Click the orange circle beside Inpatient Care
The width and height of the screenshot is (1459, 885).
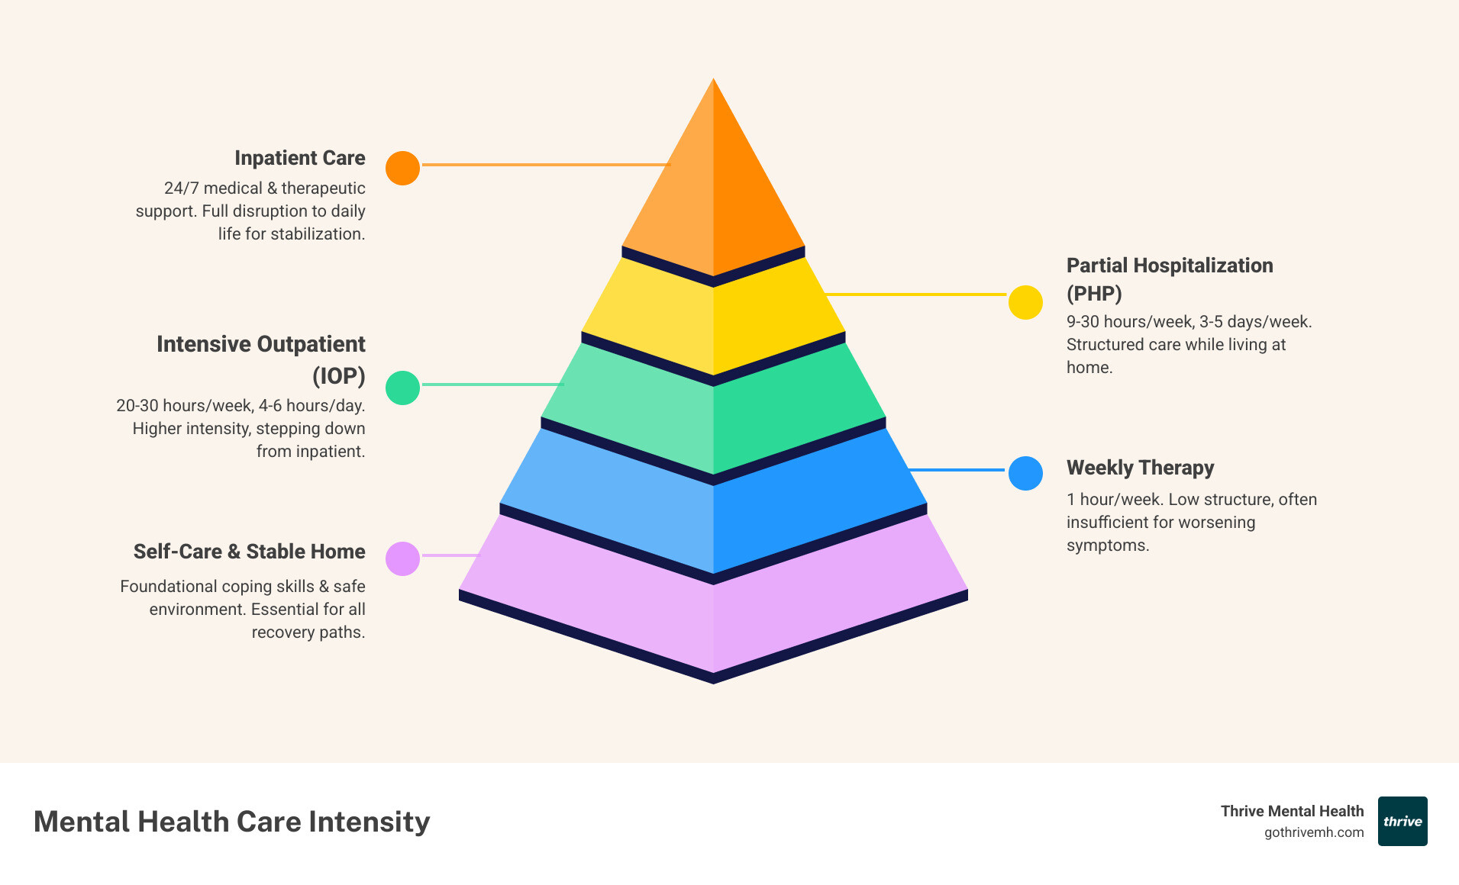(x=402, y=168)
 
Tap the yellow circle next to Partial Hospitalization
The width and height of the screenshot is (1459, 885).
(x=1025, y=302)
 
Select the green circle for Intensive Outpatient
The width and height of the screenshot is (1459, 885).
(x=402, y=388)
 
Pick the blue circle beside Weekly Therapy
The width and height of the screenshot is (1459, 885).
(x=1025, y=473)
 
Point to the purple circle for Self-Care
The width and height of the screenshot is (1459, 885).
(x=402, y=558)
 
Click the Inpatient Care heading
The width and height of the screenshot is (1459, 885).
(x=299, y=158)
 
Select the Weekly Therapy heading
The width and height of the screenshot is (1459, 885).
(x=1140, y=468)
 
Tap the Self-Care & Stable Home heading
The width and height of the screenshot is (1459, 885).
(x=249, y=552)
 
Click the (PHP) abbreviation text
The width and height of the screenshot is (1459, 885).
(x=1094, y=294)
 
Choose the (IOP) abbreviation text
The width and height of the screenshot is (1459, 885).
(x=338, y=376)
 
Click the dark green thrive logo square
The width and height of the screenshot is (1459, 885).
(x=1403, y=822)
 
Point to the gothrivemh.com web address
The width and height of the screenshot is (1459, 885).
(x=1313, y=832)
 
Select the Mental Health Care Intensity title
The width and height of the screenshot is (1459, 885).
(x=231, y=822)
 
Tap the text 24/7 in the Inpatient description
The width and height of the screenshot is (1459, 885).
(x=181, y=188)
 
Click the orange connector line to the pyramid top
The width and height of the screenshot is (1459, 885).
(x=546, y=164)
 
